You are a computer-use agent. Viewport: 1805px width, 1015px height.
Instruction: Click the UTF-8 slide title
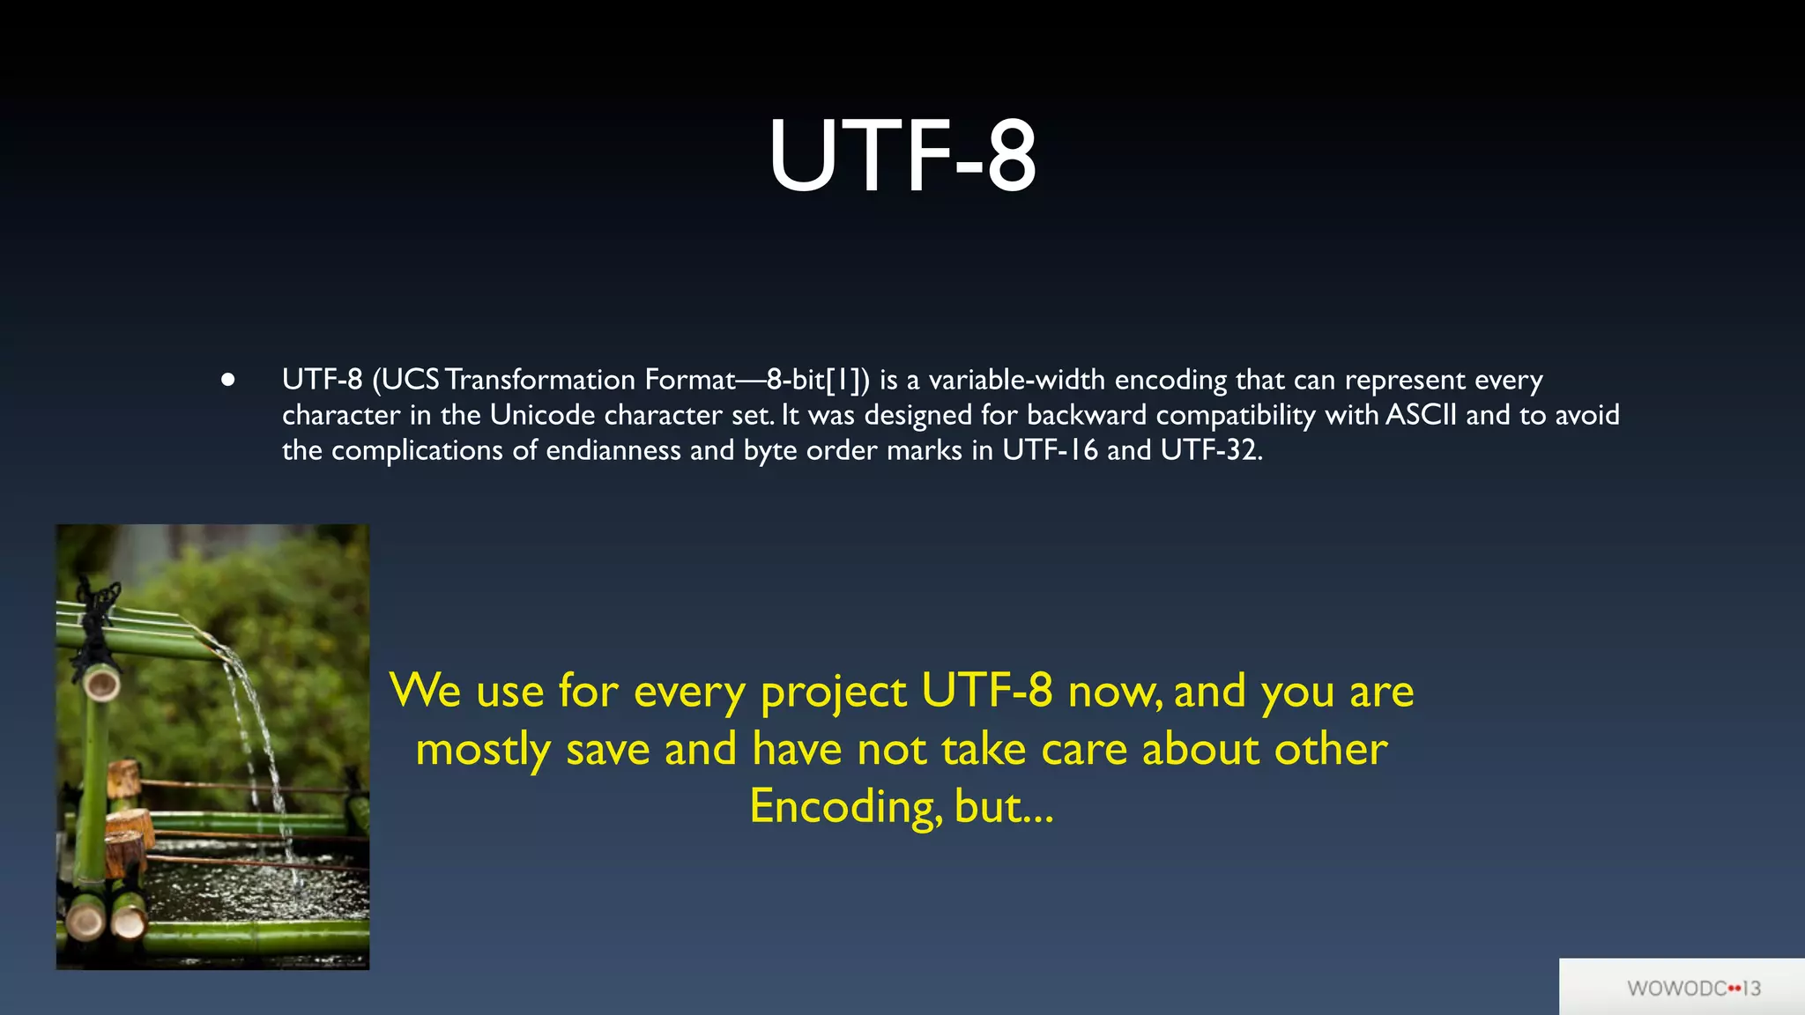click(902, 157)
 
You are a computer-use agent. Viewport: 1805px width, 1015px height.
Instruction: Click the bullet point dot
click(228, 380)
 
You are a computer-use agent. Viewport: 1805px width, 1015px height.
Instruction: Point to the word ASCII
click(1421, 415)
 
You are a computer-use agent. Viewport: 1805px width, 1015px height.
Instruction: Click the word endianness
click(613, 450)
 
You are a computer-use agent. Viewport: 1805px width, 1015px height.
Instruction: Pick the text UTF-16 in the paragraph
click(1050, 450)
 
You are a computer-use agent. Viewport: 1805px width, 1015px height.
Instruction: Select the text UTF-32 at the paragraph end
click(1209, 450)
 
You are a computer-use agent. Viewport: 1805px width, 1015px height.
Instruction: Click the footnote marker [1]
click(843, 380)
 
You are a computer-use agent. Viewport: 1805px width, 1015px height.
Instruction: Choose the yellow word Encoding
click(843, 807)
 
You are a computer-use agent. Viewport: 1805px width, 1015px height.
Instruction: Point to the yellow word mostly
click(483, 751)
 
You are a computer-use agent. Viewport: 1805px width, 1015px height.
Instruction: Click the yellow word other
click(1331, 749)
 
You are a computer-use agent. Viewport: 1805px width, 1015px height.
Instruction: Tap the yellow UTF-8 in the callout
click(986, 691)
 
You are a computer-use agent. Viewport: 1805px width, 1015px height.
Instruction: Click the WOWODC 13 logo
click(1693, 988)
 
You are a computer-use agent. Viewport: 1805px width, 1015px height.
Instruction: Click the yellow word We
click(425, 691)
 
